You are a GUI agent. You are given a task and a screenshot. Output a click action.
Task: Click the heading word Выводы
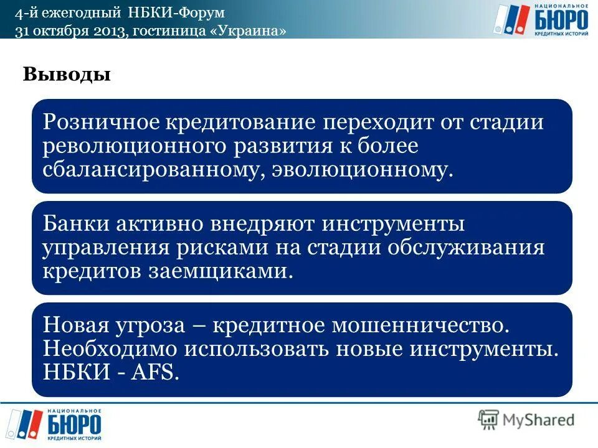pyautogui.click(x=67, y=75)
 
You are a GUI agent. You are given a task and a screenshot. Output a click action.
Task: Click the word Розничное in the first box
pyautogui.click(x=100, y=121)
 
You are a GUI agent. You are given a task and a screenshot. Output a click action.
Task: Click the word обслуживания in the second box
pyautogui.click(x=467, y=248)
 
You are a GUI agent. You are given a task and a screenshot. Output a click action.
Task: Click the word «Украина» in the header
pyautogui.click(x=252, y=32)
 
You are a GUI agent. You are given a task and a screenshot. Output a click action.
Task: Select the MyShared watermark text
pyautogui.click(x=539, y=420)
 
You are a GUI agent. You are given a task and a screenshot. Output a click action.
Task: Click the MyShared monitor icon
pyautogui.click(x=488, y=419)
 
